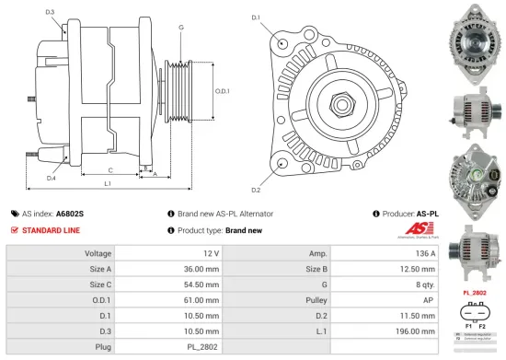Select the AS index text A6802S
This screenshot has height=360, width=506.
pyautogui.click(x=70, y=213)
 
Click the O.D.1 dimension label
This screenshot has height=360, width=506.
pyautogui.click(x=222, y=90)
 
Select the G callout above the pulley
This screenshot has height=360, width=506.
pyautogui.click(x=181, y=28)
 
